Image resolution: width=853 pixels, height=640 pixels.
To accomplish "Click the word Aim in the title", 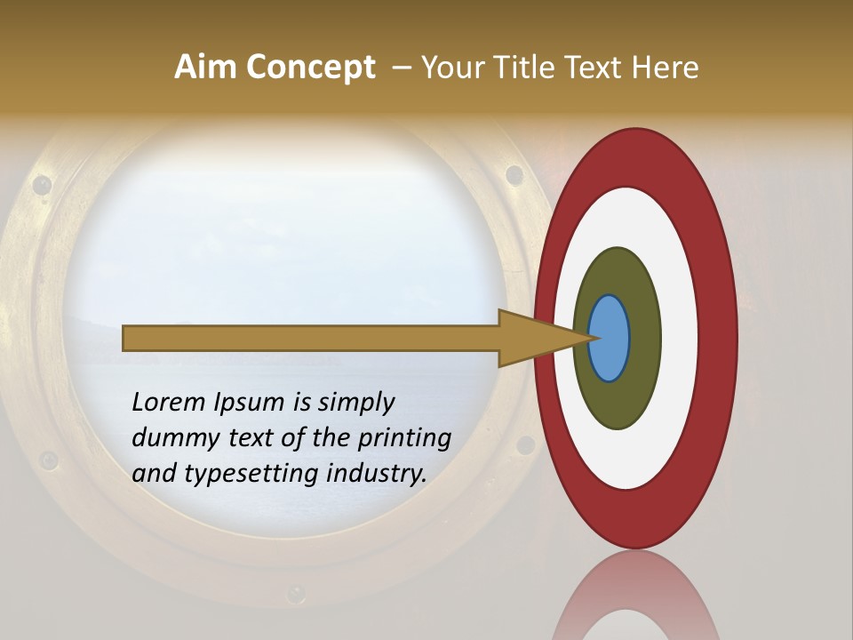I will (206, 68).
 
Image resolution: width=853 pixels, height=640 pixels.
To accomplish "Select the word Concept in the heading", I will (311, 68).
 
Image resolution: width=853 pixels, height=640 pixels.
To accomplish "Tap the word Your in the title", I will (453, 68).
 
